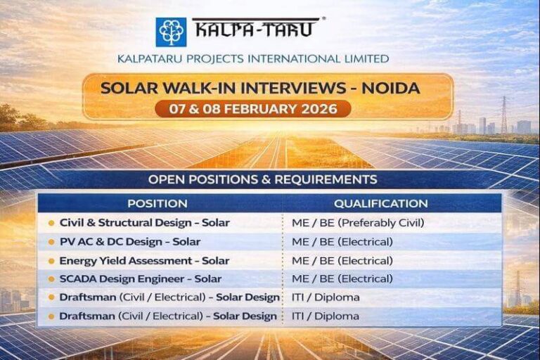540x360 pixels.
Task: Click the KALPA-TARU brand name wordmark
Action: [255, 29]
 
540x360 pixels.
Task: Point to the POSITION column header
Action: [157, 204]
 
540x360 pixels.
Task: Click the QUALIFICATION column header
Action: [380, 204]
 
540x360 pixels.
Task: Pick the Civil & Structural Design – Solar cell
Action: [144, 223]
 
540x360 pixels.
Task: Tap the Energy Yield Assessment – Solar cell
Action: [144, 260]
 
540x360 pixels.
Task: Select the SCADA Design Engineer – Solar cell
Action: [140, 278]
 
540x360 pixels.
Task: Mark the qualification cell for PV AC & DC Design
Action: [342, 242]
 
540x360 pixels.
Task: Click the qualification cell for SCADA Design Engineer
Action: [342, 278]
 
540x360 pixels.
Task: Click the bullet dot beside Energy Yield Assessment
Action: [51, 261]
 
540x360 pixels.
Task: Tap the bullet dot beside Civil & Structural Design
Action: [51, 224]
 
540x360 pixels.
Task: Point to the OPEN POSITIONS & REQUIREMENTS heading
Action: [262, 179]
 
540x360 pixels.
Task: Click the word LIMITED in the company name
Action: [364, 58]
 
